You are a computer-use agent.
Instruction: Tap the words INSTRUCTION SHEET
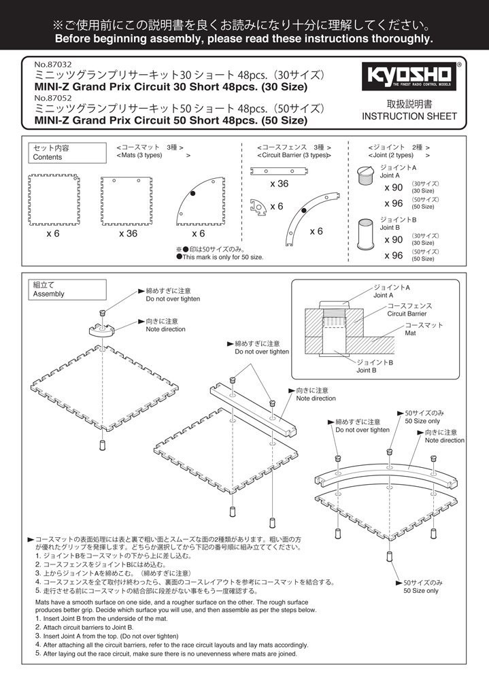point(409,116)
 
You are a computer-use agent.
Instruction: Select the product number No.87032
point(53,66)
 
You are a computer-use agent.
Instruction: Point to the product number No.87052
point(53,97)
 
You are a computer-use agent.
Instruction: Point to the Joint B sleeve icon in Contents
point(366,232)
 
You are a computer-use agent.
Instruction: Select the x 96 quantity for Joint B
point(393,256)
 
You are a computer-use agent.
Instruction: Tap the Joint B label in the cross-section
point(371,371)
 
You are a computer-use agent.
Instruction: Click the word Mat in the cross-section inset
point(410,334)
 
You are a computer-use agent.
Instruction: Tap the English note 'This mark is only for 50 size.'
point(220,257)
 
